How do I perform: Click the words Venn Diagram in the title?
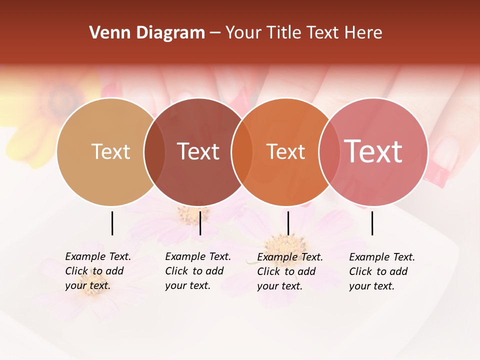147,33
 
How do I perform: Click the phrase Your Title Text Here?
303,33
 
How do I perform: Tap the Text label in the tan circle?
110,151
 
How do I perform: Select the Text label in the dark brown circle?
198,151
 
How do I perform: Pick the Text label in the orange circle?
285,151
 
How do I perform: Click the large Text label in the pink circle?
373,151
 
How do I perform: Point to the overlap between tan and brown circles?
154,151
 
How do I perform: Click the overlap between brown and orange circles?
242,151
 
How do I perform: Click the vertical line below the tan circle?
112,223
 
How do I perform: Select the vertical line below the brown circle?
200,223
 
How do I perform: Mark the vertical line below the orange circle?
288,223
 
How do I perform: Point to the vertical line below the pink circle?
372,223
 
